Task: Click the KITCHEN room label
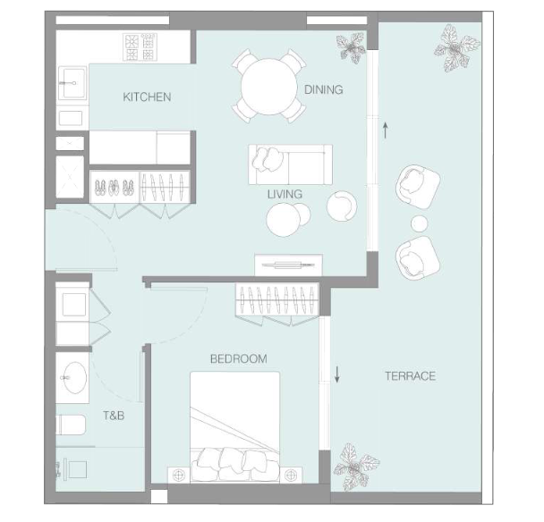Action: pos(147,97)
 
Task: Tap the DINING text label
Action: pos(323,90)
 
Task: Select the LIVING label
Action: pos(285,193)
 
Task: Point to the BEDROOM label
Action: pos(238,358)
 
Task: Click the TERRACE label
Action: pos(410,375)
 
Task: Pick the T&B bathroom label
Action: pos(113,416)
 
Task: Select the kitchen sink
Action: pos(71,84)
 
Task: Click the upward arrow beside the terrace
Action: pos(385,130)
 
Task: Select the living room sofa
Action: pos(290,164)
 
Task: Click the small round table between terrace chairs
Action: pos(419,223)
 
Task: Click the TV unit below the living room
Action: pos(288,265)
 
